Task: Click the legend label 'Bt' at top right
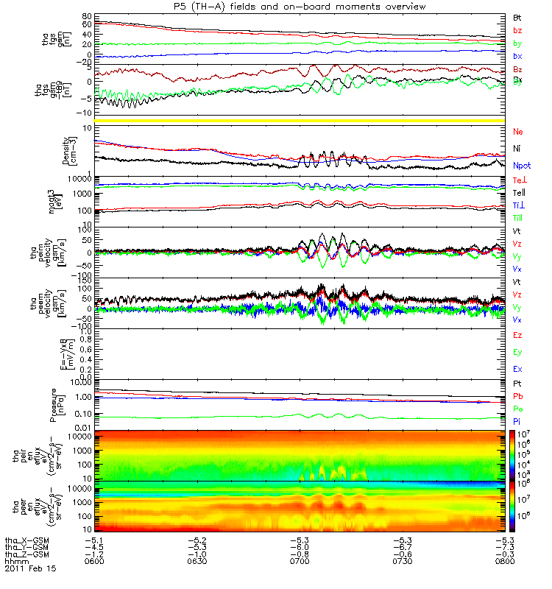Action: tap(517, 16)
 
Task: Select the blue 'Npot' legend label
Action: tap(521, 166)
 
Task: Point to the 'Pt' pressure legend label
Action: tap(517, 385)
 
